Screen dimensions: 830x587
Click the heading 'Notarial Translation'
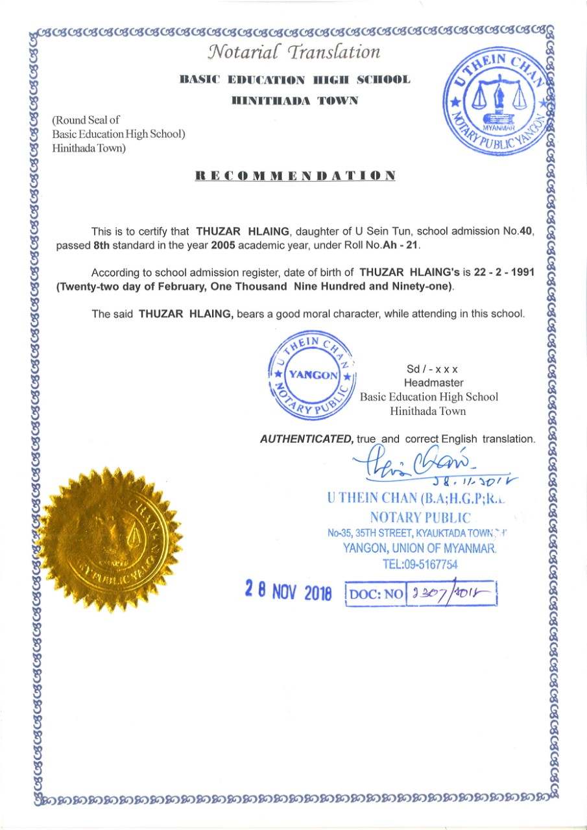click(x=294, y=52)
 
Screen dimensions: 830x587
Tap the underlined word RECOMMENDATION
click(x=295, y=176)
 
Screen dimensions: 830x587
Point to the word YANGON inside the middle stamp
click(x=312, y=375)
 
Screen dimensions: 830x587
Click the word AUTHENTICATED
click(x=306, y=439)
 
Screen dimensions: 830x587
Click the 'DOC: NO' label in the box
click(x=376, y=593)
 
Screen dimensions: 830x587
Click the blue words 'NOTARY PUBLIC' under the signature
click(x=419, y=517)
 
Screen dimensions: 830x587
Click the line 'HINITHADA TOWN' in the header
click(x=294, y=101)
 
